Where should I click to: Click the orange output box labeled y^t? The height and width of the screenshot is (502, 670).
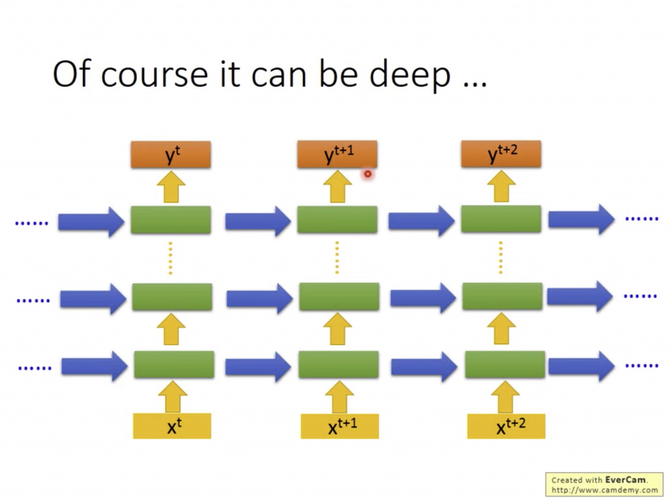(171, 154)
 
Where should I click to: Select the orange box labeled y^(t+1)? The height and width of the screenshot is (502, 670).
(337, 154)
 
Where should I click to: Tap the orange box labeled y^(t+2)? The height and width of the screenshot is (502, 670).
(501, 154)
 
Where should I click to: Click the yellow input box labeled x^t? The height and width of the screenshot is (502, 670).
(172, 426)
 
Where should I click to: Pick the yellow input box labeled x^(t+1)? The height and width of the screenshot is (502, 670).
(340, 426)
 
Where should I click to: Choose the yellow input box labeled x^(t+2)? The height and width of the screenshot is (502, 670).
(506, 426)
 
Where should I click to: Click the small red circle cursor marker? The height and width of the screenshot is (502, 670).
(368, 174)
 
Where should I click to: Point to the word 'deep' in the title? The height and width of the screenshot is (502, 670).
(410, 75)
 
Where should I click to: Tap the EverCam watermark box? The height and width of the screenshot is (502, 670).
(604, 484)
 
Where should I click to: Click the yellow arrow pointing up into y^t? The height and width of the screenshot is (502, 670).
(171, 187)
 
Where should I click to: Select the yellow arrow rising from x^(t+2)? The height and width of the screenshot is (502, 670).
(506, 397)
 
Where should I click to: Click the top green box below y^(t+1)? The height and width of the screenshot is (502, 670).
(337, 219)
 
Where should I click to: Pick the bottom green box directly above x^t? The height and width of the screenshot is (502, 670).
(174, 365)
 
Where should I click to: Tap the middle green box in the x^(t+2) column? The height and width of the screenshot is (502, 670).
(502, 296)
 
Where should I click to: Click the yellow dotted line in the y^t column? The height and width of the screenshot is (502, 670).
(171, 258)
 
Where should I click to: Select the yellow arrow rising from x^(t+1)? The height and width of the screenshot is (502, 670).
(340, 397)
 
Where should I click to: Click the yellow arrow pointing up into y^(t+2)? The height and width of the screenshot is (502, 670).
(501, 187)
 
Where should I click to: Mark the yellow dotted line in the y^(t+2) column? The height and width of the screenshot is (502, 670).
(501, 258)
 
